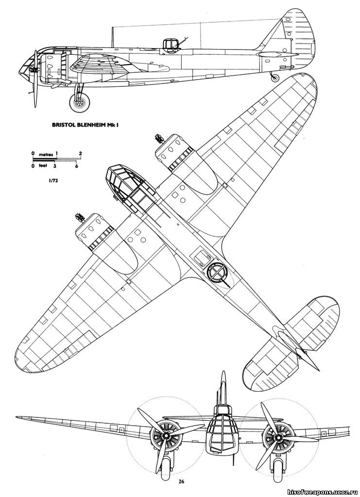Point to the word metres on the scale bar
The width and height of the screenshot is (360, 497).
45,154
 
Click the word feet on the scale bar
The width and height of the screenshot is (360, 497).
43,165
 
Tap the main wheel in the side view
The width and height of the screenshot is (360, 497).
80,102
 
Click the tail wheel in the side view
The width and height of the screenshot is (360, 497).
275,78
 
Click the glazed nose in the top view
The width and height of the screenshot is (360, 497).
128,185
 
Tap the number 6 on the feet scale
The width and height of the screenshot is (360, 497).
76,166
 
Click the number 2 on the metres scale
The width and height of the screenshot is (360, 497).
81,153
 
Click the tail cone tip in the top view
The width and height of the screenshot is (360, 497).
318,369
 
